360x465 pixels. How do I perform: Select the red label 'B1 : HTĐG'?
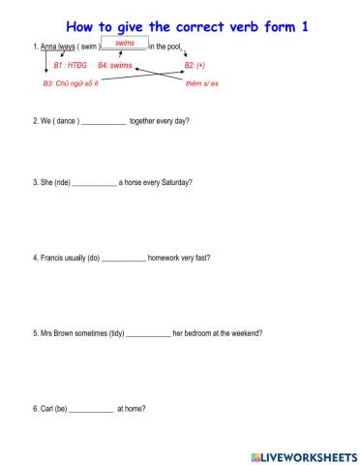(70, 65)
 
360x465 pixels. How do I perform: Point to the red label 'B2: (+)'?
(195, 65)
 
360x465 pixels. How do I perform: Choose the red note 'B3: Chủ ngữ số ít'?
(71, 84)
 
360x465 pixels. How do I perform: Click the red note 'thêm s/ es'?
(202, 84)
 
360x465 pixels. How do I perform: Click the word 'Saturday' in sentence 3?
(175, 182)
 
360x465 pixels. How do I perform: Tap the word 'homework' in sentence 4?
(165, 258)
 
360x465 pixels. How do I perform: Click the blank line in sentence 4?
(123, 260)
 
